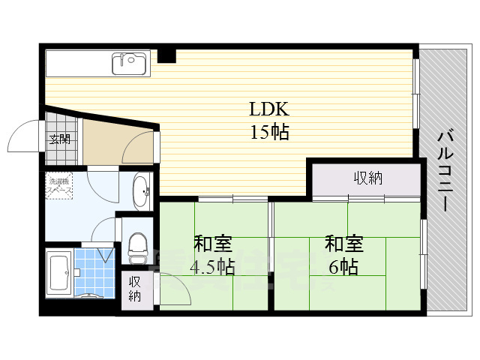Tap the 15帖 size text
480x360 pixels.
tap(268, 133)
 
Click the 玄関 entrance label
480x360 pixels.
tap(59, 138)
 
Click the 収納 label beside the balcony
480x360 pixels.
tap(367, 178)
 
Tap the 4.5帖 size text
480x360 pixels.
tap(213, 266)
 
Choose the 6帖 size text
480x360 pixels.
tap(343, 266)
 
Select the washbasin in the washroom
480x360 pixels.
tap(140, 193)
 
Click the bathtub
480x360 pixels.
tap(58, 274)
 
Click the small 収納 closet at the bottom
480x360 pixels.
tap(135, 289)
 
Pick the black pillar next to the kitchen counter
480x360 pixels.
tap(166, 55)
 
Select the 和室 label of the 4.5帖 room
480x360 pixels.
tap(213, 244)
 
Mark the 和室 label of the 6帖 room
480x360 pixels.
tap(343, 244)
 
